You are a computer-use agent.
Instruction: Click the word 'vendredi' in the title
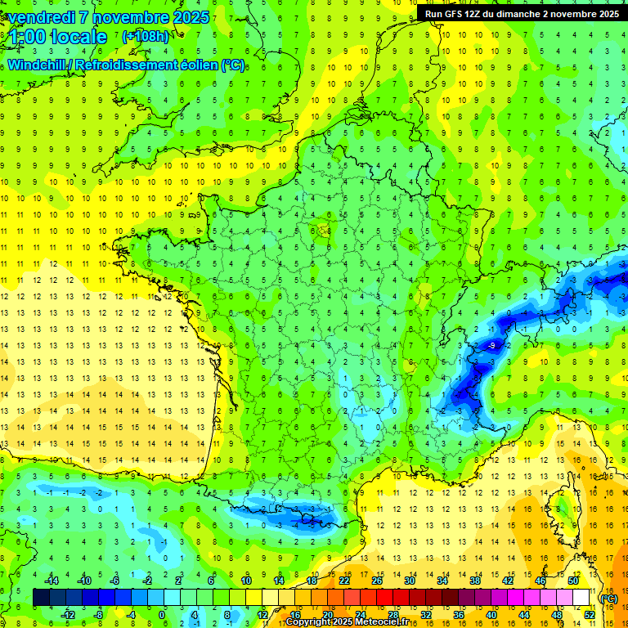36,17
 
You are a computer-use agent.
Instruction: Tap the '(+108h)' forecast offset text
146,36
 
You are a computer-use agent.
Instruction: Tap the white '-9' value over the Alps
491,347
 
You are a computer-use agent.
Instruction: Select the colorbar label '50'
572,581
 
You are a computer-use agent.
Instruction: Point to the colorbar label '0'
162,613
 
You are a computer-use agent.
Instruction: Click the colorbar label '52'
590,613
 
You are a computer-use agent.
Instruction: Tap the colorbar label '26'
376,581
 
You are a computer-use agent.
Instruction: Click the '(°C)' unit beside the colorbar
609,598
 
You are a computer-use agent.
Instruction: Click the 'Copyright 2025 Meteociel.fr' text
352,622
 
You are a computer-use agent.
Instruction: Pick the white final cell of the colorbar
581,598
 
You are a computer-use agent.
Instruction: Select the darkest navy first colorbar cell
41,598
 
